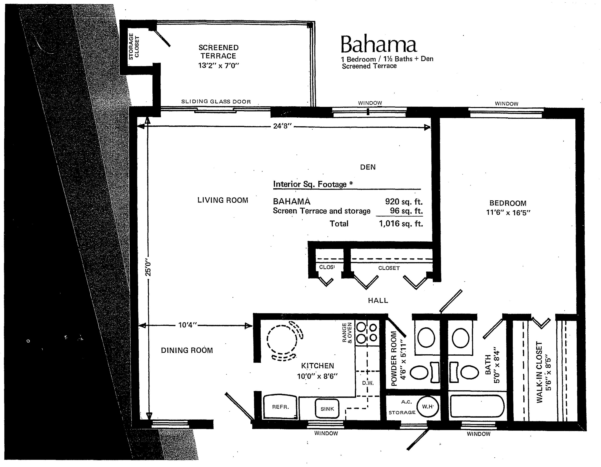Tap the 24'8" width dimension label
click(282, 126)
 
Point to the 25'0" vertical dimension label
click(148, 267)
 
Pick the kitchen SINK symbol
click(327, 409)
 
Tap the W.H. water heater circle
click(428, 406)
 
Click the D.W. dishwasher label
click(368, 383)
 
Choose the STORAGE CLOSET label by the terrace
click(134, 46)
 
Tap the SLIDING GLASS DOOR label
click(216, 102)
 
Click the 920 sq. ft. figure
click(404, 202)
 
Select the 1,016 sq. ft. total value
click(401, 223)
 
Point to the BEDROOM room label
click(508, 203)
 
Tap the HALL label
click(378, 301)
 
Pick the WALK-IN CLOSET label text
click(539, 372)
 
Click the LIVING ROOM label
click(223, 200)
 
